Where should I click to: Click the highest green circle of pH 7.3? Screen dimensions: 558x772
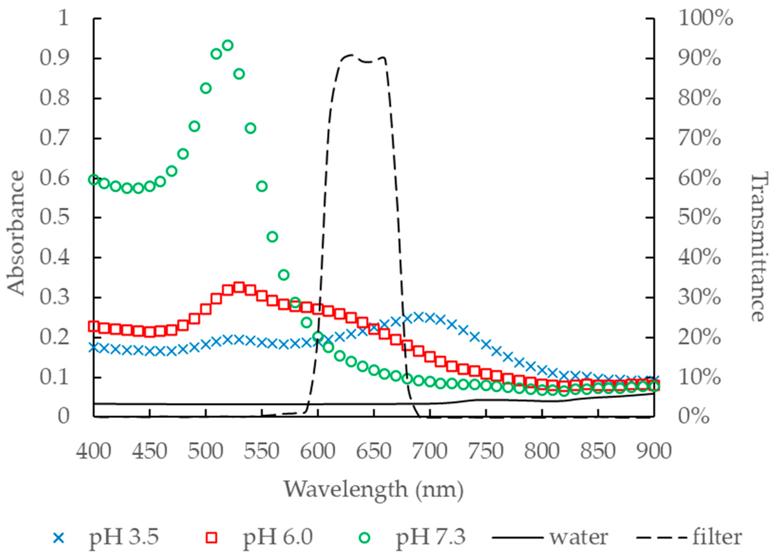point(228,45)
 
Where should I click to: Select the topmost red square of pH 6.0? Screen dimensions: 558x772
point(239,287)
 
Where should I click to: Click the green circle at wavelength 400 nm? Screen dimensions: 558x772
point(93,179)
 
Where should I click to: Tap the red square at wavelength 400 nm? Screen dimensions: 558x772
point(93,326)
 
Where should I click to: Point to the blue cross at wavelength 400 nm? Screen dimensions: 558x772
point(93,348)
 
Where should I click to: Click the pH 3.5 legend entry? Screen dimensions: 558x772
point(106,538)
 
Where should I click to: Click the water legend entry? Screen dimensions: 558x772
point(550,538)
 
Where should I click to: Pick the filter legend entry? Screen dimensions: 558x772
point(689,538)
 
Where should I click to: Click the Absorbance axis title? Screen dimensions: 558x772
point(16,233)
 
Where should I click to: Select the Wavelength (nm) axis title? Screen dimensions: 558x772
point(374,489)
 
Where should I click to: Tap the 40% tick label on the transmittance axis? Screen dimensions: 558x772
point(699,258)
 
